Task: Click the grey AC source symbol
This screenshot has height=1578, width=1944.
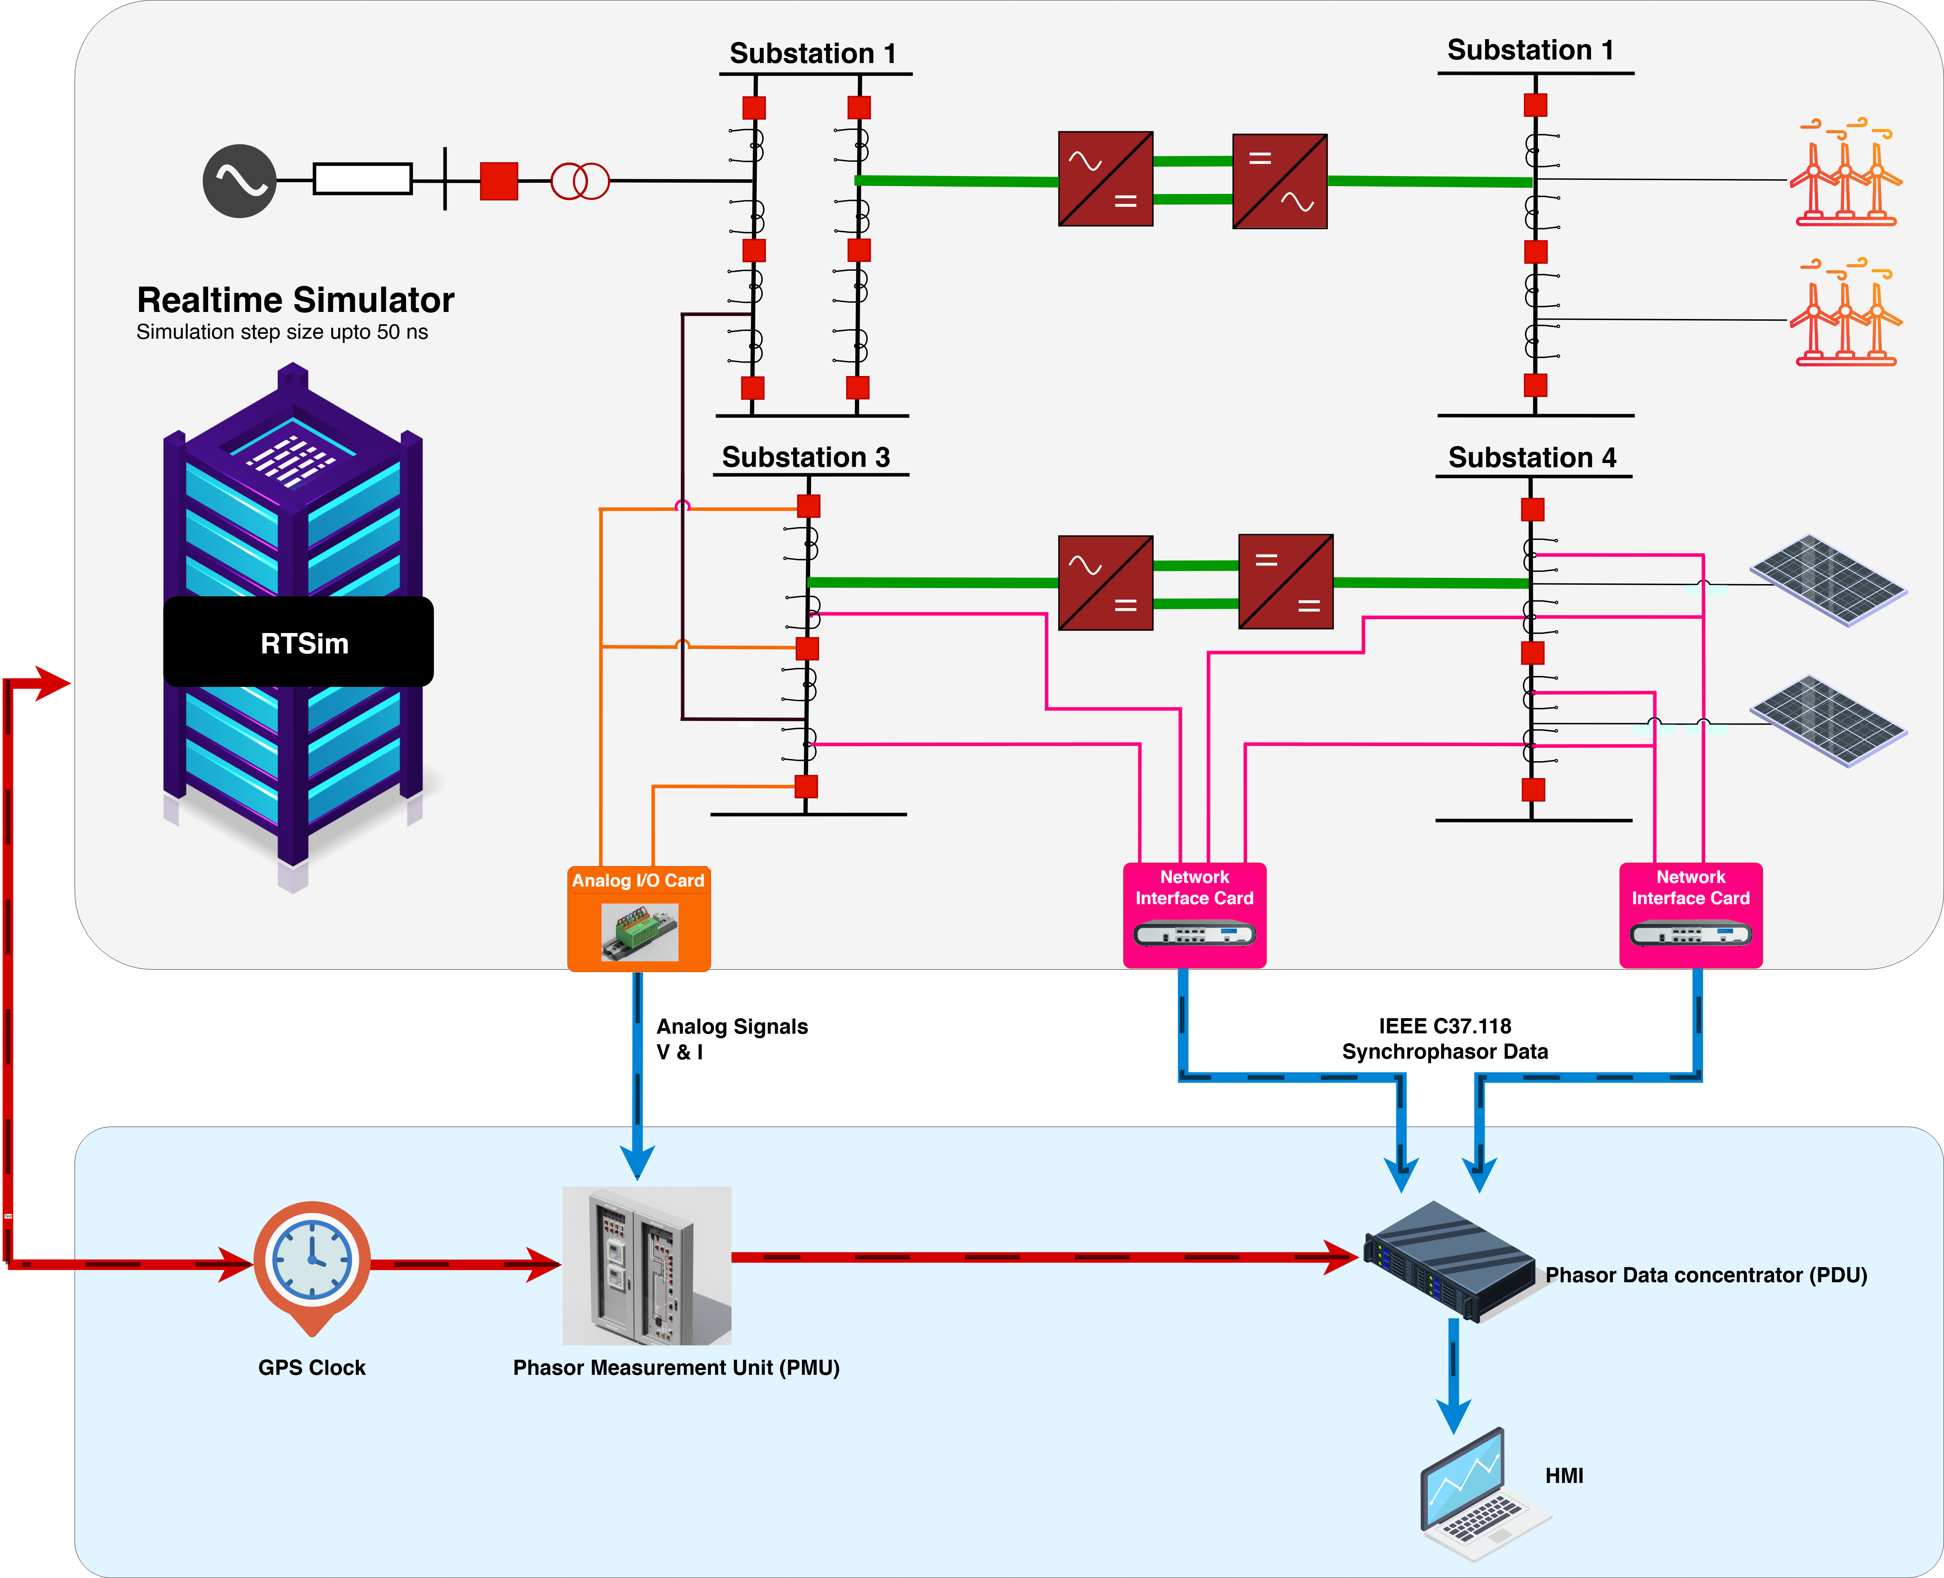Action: (239, 181)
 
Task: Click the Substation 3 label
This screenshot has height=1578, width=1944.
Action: (806, 457)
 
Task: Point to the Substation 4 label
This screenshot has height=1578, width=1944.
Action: (1532, 457)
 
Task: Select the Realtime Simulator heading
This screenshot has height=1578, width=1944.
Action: (295, 300)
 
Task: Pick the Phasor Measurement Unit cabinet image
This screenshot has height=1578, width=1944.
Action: (647, 1265)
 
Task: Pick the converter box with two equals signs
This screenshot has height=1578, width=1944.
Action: (1286, 582)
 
